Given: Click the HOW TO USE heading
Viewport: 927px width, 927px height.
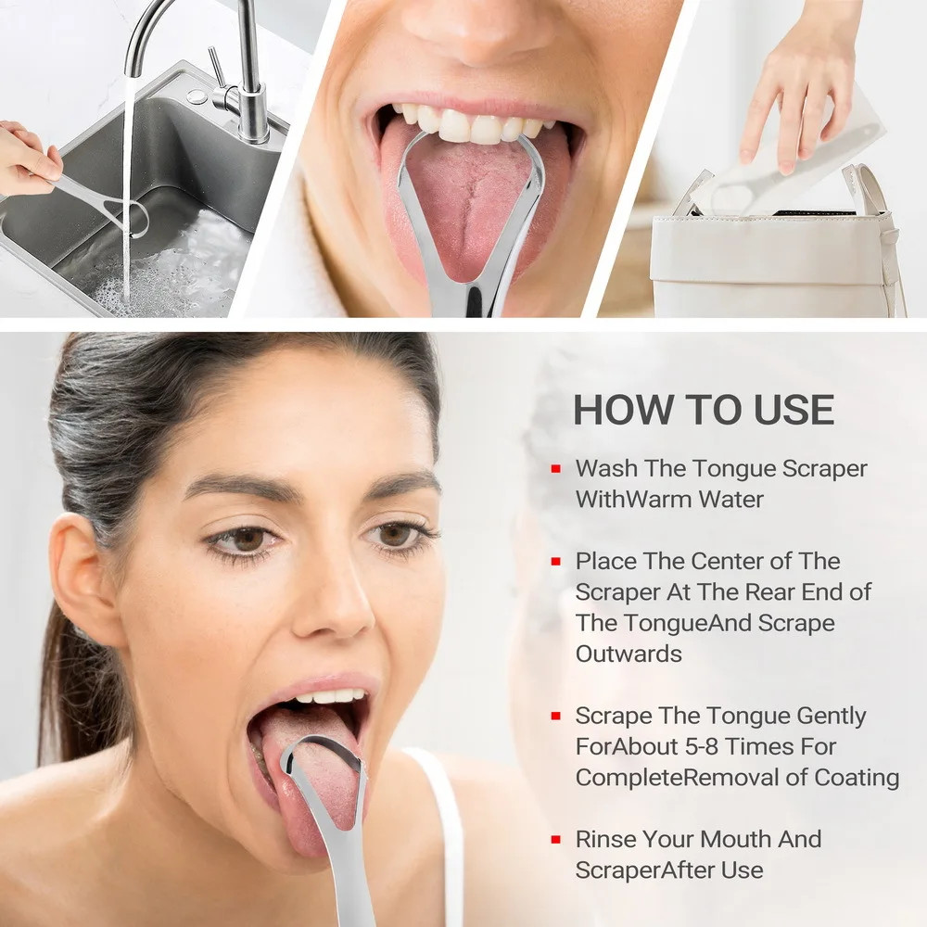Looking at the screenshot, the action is coord(704,410).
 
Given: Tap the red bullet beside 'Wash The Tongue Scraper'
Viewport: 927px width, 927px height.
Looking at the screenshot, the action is coord(555,469).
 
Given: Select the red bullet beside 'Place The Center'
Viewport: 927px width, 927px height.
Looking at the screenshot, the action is coord(555,561).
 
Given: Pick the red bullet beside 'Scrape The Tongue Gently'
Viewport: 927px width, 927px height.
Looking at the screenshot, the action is coord(555,716).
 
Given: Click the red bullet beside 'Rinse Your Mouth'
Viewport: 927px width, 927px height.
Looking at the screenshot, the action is coord(555,840).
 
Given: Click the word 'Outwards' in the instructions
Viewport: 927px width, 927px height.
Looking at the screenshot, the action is coord(629,654).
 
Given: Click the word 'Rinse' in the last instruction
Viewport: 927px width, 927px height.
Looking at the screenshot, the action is coord(606,840).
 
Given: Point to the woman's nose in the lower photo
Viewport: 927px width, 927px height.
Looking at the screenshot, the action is coord(332,597).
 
